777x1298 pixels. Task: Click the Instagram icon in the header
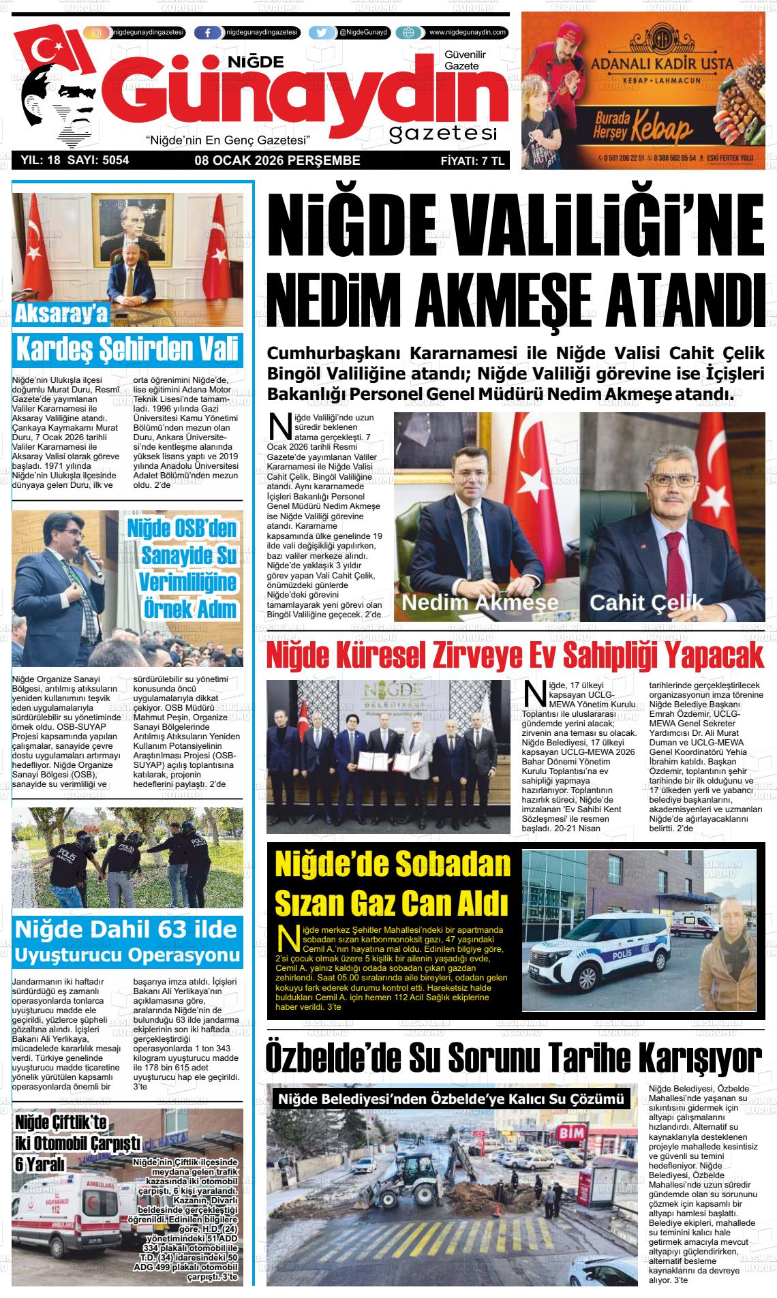(97, 33)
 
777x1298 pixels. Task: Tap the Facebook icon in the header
(208, 33)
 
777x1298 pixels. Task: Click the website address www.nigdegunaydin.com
(468, 32)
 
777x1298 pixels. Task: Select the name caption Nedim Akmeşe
(480, 602)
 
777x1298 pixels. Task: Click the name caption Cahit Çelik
(645, 602)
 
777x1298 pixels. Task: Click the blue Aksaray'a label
(61, 314)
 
